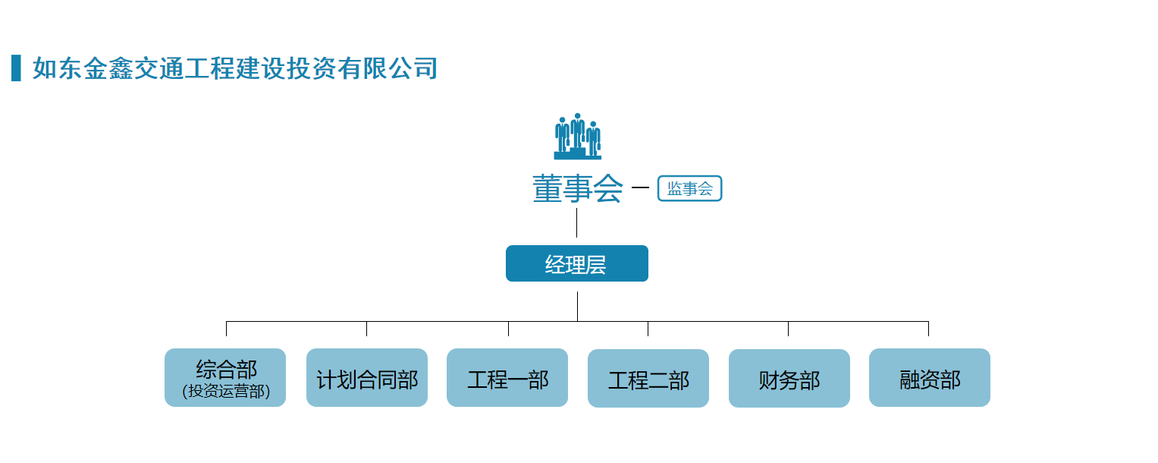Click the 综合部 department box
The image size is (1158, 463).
coord(225,377)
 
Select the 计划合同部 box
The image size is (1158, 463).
coord(366,377)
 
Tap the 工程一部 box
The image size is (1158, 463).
coord(507,377)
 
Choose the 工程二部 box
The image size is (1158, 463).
coord(648,378)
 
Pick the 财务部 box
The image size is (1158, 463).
coord(789,378)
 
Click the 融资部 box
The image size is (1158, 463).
coord(930,377)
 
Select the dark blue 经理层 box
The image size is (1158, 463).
coord(577,263)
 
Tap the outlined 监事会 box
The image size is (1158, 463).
coord(689,188)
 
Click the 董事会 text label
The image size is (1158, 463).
coord(577,188)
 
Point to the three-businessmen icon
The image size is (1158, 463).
coord(577,136)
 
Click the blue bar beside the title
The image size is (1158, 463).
coord(16,68)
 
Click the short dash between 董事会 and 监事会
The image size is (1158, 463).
coord(640,187)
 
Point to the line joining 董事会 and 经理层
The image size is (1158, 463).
coord(577,222)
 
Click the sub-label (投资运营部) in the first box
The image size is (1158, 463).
coord(226,391)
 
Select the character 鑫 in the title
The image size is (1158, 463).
coord(121,68)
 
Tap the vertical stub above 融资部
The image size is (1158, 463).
coord(928,329)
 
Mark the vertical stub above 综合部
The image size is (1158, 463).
coord(227,329)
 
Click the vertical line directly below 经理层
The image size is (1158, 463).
coord(577,306)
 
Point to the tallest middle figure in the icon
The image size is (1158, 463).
coord(577,131)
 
